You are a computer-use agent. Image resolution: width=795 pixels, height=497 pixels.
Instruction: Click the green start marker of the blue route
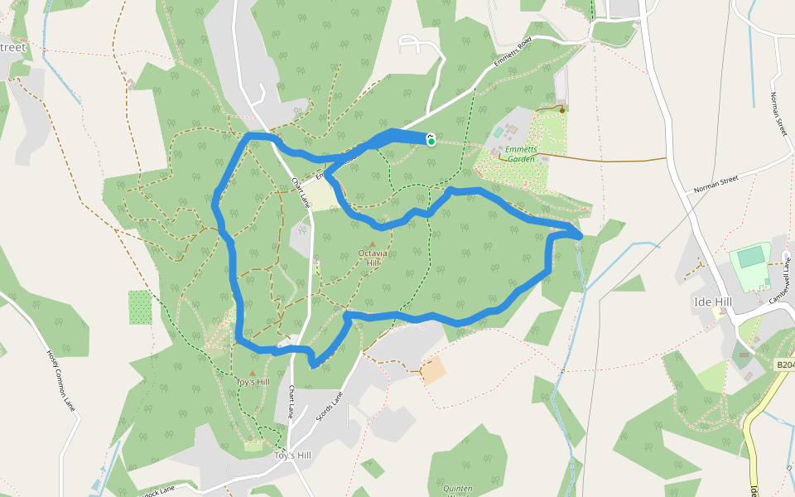pyautogui.click(x=431, y=141)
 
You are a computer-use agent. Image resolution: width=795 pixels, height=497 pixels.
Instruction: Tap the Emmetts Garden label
pyautogui.click(x=522, y=154)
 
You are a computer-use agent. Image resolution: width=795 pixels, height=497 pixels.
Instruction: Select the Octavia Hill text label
pyautogui.click(x=372, y=258)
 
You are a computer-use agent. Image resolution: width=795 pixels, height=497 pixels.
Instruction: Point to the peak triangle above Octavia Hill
pyautogui.click(x=372, y=244)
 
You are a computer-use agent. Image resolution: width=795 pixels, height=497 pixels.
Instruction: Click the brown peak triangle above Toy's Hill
pyautogui.click(x=253, y=373)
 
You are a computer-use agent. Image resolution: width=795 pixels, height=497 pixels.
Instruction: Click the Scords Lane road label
pyautogui.click(x=329, y=407)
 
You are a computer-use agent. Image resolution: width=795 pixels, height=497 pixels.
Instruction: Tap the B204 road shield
pyautogui.click(x=784, y=364)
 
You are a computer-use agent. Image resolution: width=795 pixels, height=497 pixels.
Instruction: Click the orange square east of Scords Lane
pyautogui.click(x=433, y=369)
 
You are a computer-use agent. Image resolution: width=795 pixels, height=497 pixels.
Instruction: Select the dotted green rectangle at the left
pyautogui.click(x=141, y=306)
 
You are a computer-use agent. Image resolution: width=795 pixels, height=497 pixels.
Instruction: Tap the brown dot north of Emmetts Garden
pyautogui.click(x=562, y=109)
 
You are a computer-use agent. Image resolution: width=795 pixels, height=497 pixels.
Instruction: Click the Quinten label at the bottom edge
pyautogui.click(x=457, y=489)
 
